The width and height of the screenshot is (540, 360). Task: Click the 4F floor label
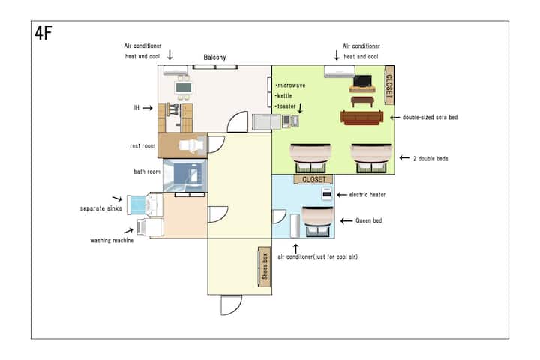[43, 34]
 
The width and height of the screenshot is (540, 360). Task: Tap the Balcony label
[214, 57]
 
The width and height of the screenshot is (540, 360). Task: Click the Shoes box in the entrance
[265, 267]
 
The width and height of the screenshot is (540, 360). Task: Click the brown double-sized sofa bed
[361, 118]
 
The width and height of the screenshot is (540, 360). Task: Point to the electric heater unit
[327, 194]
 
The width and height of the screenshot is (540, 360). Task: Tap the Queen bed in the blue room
[317, 222]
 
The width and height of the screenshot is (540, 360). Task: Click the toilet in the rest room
[191, 145]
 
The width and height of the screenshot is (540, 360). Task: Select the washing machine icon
[150, 228]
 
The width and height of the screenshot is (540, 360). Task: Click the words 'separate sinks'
[101, 208]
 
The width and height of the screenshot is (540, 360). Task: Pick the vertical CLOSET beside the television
[389, 85]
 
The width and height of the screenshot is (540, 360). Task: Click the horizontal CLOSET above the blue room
[313, 179]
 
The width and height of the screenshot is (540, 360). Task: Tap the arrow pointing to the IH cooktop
[148, 108]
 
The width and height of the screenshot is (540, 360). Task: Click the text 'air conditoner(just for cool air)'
[317, 256]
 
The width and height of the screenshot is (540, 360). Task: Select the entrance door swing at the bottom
[232, 305]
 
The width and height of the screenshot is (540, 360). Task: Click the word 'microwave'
[291, 85]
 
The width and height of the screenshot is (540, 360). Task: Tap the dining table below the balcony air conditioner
[183, 88]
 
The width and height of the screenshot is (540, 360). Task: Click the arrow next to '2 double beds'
[404, 158]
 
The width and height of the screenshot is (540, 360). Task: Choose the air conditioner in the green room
[340, 71]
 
